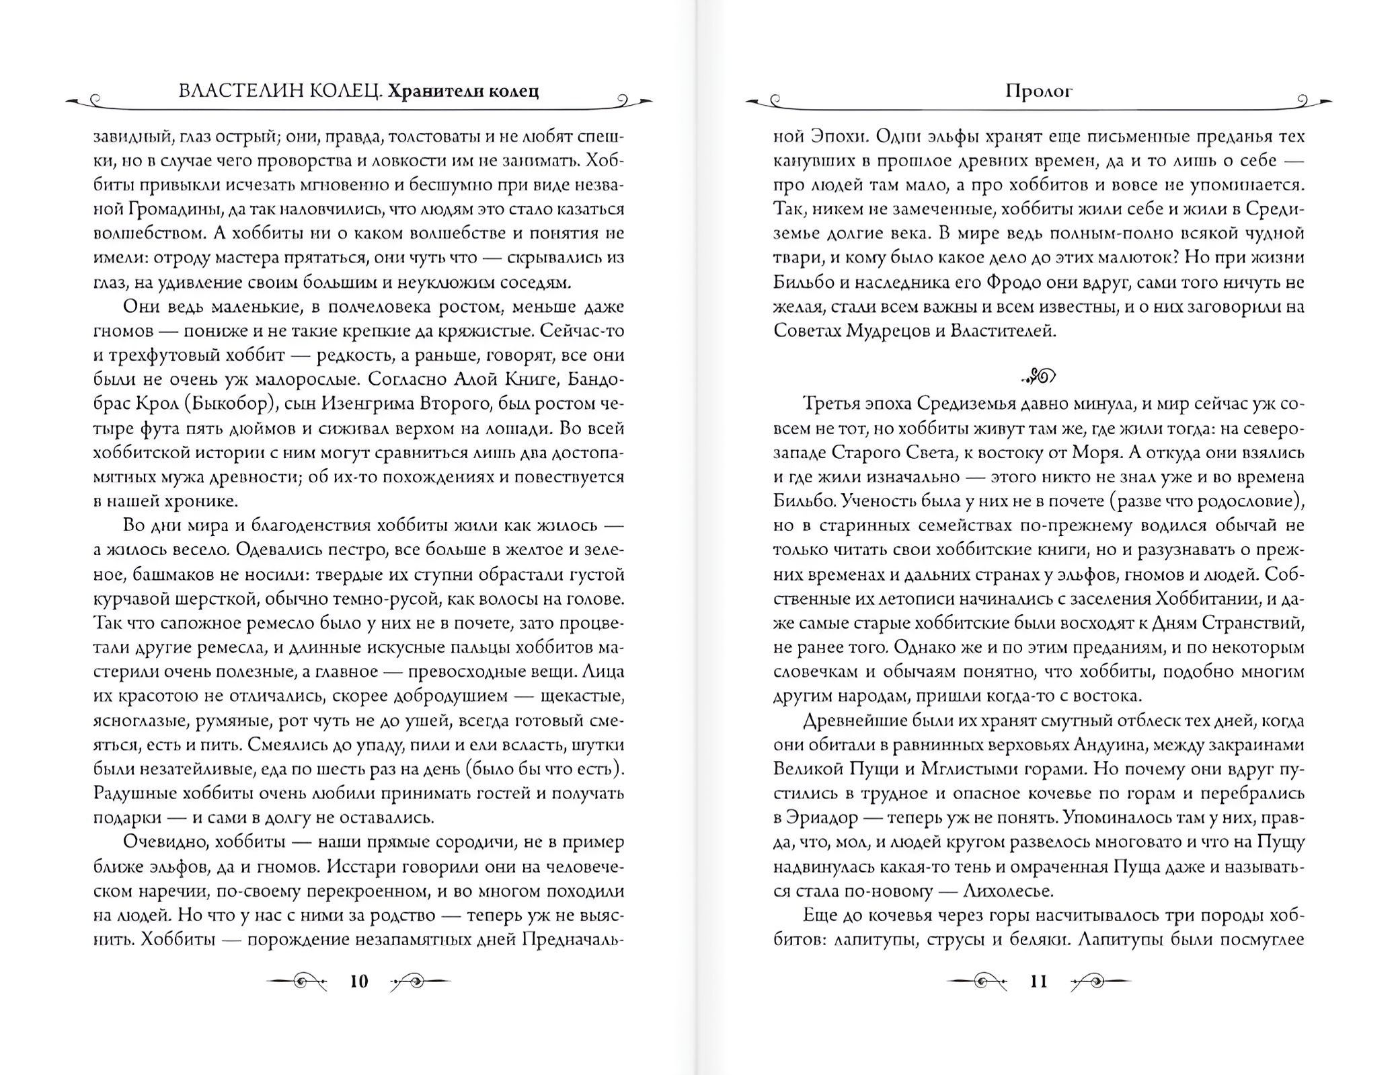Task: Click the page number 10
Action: [x=359, y=981]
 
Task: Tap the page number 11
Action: [x=1039, y=981]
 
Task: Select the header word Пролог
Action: [x=1038, y=91]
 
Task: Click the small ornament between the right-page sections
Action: [x=1039, y=377]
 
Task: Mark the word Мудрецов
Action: [x=887, y=331]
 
